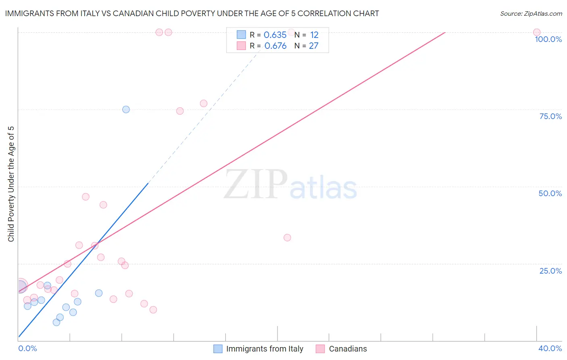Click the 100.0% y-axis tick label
coord(548,39)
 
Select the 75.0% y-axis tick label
coord(550,116)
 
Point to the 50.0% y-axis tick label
coord(550,193)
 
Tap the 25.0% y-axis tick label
coord(550,271)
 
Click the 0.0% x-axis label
coord(27,348)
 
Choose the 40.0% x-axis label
coord(550,348)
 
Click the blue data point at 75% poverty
coord(126,109)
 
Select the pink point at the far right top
coord(536,32)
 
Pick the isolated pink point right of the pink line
coord(287,238)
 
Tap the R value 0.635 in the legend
coord(275,35)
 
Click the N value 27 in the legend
coord(314,46)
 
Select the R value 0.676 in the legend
coord(275,46)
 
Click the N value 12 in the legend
coord(314,35)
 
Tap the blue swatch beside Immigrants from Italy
coord(218,349)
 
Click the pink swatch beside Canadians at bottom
coord(320,349)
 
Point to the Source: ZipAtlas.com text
coord(531,14)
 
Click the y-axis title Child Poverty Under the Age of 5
coord(11,184)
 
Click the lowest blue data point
coord(56,322)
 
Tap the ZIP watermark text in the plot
coord(256,184)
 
